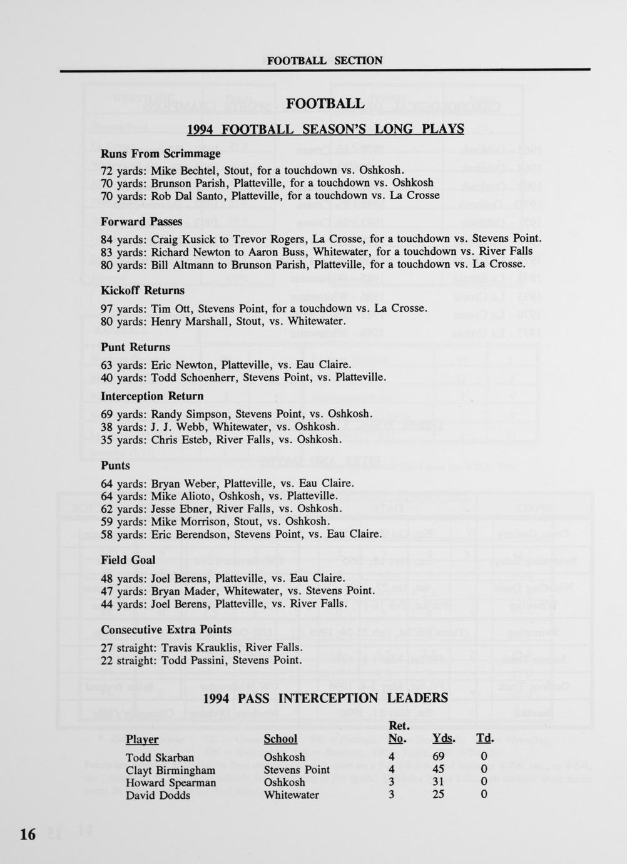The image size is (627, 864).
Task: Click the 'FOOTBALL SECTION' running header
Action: tap(324, 61)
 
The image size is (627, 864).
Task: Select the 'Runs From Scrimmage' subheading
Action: tap(161, 153)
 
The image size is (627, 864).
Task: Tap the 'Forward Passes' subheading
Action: tap(141, 221)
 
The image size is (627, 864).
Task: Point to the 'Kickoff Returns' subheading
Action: tap(143, 291)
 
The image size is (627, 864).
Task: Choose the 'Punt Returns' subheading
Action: tap(135, 347)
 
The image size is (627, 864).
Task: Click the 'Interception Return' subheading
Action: tap(152, 396)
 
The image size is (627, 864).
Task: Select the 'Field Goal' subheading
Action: tap(128, 560)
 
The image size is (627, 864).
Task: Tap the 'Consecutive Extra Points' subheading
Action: tap(166, 629)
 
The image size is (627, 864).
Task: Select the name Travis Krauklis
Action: tap(200, 647)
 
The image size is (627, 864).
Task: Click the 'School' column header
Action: tap(280, 739)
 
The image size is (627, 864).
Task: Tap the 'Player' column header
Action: tap(142, 739)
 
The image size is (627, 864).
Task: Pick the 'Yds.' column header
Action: tap(444, 739)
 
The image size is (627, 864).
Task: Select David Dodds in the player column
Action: tap(158, 795)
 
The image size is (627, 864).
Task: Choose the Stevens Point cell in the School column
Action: tap(297, 770)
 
